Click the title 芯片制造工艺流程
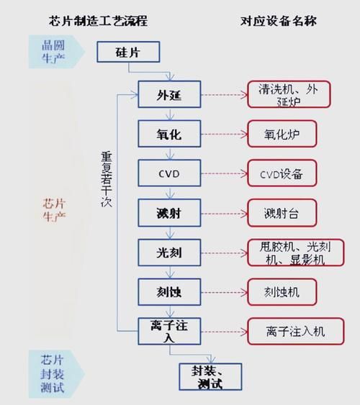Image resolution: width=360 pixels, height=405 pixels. tap(108, 20)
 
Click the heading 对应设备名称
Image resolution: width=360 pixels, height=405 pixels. tap(278, 20)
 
